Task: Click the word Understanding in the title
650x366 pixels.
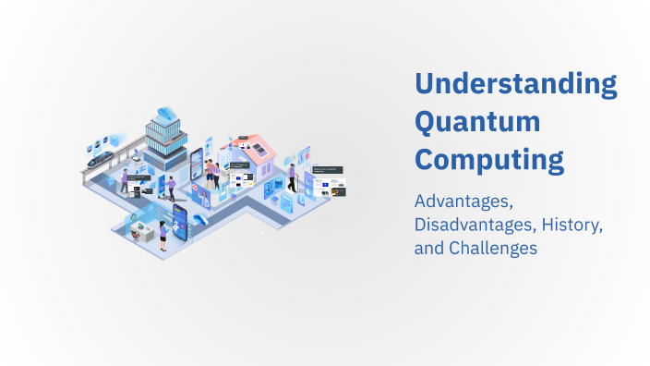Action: pyautogui.click(x=515, y=84)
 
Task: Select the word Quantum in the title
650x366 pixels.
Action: pyautogui.click(x=477, y=122)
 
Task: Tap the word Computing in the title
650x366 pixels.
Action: pyautogui.click(x=488, y=160)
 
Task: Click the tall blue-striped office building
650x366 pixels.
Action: pyautogui.click(x=166, y=143)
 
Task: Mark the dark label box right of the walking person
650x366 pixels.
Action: pyautogui.click(x=330, y=171)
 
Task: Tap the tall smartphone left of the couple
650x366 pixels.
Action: pyautogui.click(x=196, y=166)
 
